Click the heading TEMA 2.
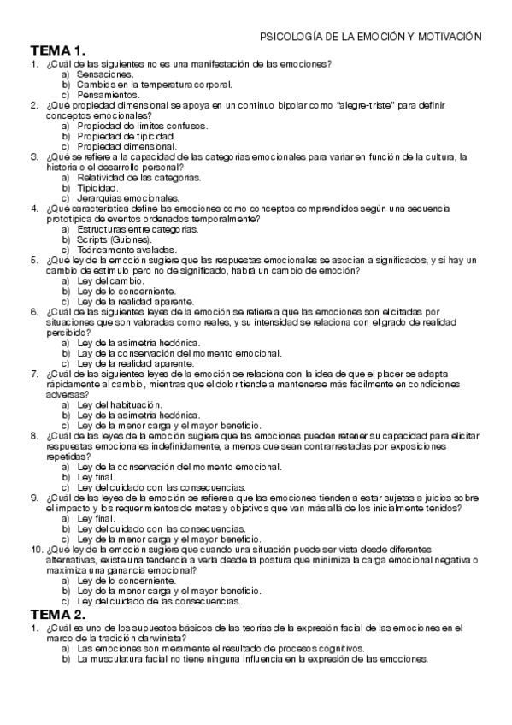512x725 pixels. point(59,614)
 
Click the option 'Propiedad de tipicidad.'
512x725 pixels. point(127,135)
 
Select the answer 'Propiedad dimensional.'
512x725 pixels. point(127,145)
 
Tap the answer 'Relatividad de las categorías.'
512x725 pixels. point(139,177)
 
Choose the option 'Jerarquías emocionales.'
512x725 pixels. point(128,197)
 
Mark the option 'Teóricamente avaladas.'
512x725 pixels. point(127,250)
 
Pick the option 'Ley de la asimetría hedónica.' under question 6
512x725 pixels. point(138,342)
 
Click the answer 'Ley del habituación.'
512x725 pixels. point(119,404)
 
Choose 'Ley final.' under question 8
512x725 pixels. point(96,477)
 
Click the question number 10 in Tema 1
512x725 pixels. point(36,550)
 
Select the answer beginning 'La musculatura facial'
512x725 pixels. point(251,659)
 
